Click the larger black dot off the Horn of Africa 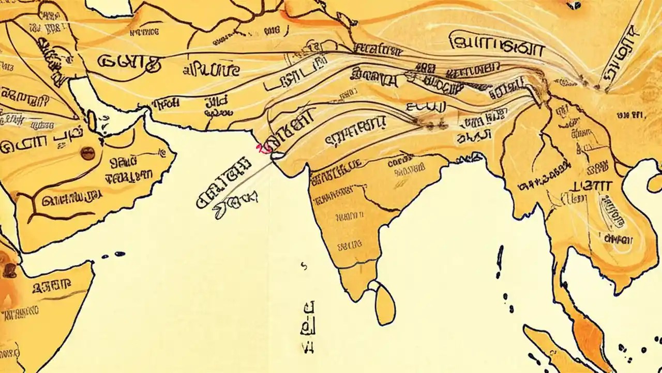click(x=119, y=254)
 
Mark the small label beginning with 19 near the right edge click(x=629, y=115)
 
